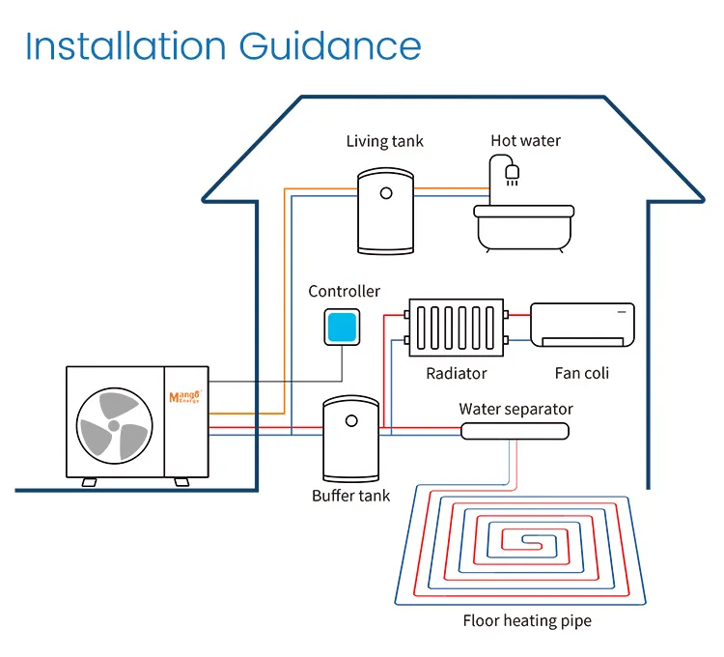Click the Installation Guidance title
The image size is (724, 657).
point(223,45)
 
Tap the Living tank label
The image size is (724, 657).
point(384,141)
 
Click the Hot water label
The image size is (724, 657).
point(525,141)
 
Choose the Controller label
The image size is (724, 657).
point(344,291)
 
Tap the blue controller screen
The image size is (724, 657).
point(344,327)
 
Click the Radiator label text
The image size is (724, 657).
point(456,373)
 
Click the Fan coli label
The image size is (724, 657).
point(582,373)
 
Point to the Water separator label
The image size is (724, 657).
point(515,409)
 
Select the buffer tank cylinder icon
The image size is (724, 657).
point(349,438)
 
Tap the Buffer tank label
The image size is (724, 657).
point(350,496)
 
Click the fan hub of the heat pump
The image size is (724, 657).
point(113,425)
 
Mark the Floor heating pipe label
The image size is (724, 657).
point(526,621)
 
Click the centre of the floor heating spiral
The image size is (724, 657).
point(526,540)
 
